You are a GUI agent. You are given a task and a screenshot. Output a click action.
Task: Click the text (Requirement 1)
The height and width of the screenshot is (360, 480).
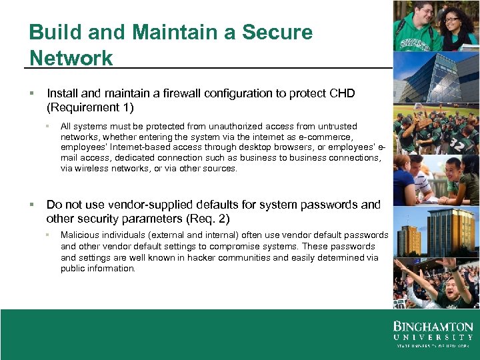[x=90, y=107]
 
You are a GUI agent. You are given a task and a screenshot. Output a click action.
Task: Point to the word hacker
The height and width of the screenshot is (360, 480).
[x=201, y=257]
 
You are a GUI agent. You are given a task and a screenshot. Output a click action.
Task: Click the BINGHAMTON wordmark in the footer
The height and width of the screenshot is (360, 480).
[x=433, y=327]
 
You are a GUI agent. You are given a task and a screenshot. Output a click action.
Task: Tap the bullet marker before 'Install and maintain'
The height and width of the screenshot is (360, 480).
[x=32, y=93]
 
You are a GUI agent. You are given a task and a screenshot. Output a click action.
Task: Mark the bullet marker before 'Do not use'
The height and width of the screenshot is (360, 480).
[x=32, y=205]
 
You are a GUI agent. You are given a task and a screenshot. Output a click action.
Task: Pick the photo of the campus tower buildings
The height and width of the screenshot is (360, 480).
[x=436, y=233]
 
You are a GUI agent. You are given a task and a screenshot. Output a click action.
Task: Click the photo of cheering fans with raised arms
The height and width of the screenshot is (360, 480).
[x=436, y=283]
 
